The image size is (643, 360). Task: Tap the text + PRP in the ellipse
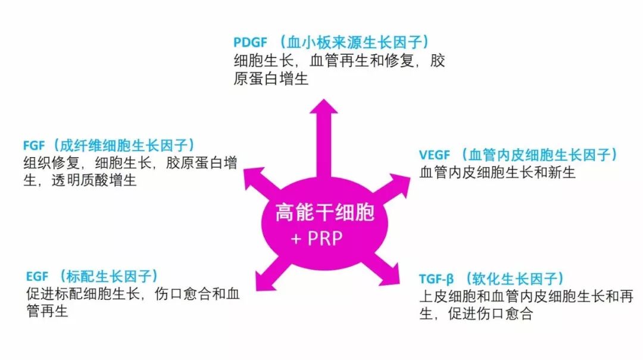[317, 239]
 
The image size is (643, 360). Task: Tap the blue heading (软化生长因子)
[514, 279]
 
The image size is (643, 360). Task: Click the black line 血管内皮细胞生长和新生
[497, 173]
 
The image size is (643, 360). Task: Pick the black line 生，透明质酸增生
[80, 180]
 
